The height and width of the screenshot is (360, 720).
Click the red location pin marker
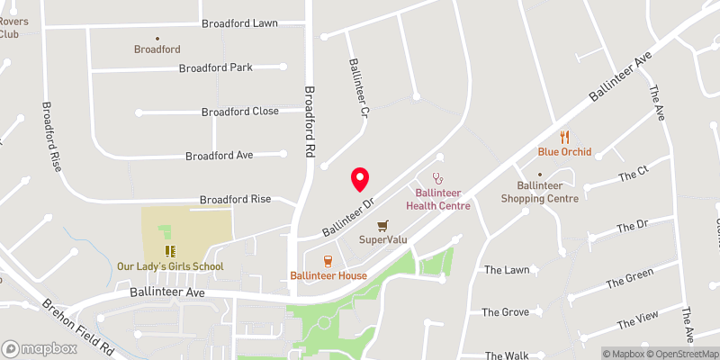pos(361,179)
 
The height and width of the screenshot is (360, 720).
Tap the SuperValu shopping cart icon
pos(384,226)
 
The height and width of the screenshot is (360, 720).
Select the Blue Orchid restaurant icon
pos(564,137)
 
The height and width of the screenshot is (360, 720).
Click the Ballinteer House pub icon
pos(328,260)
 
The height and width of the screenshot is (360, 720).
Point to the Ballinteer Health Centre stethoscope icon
pos(438,178)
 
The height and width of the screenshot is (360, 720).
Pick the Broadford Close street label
pos(240,112)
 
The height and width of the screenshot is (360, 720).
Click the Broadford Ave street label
pos(220,156)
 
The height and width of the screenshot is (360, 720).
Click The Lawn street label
pos(506,270)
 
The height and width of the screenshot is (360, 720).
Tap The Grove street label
pos(505,312)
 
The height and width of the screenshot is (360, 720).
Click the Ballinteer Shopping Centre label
pos(540,191)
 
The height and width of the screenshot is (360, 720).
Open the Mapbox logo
pos(39,348)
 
